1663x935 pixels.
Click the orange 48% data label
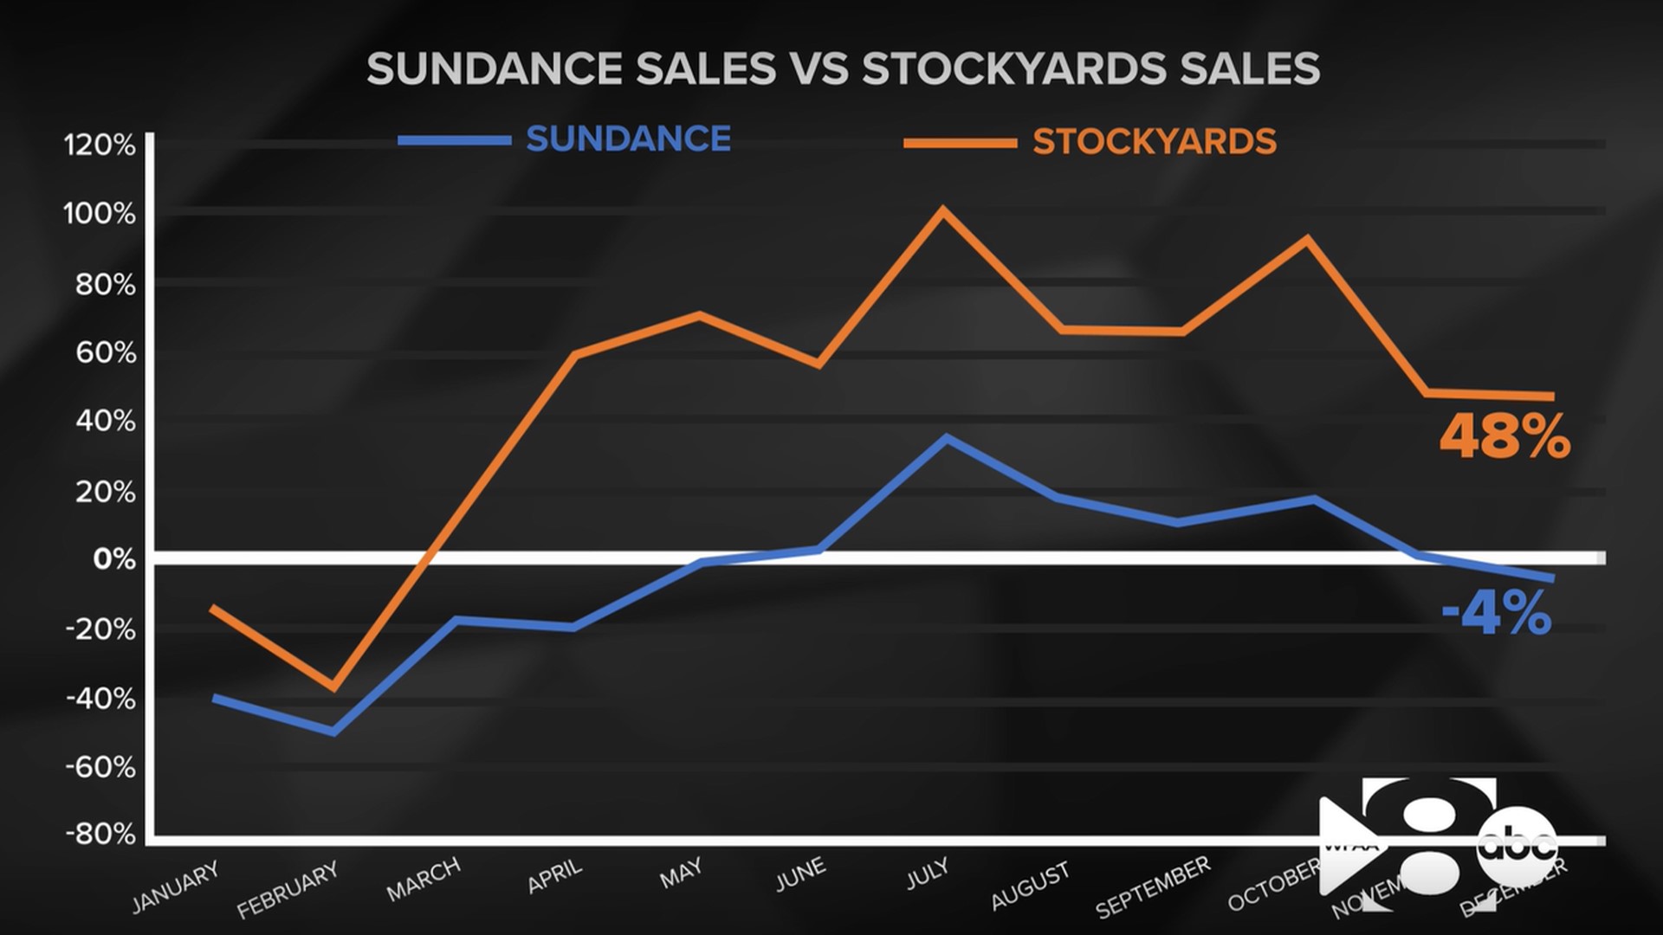click(1504, 438)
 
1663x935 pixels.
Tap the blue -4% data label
click(1496, 614)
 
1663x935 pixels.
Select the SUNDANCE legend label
click(628, 139)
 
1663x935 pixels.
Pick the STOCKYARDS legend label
click(1155, 142)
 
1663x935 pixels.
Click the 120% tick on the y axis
click(100, 145)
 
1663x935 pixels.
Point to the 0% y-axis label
click(114, 559)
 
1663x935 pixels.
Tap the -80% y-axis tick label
click(100, 835)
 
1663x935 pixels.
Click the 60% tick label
click(106, 352)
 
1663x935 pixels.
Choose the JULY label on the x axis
click(928, 874)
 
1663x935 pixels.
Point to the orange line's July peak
click(943, 210)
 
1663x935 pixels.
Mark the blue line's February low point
click(333, 732)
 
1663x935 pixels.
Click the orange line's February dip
click(333, 688)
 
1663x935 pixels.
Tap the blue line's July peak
click(947, 438)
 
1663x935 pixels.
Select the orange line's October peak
click(1308, 238)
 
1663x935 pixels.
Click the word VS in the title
click(819, 68)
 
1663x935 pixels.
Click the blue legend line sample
click(454, 140)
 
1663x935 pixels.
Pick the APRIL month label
click(555, 876)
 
